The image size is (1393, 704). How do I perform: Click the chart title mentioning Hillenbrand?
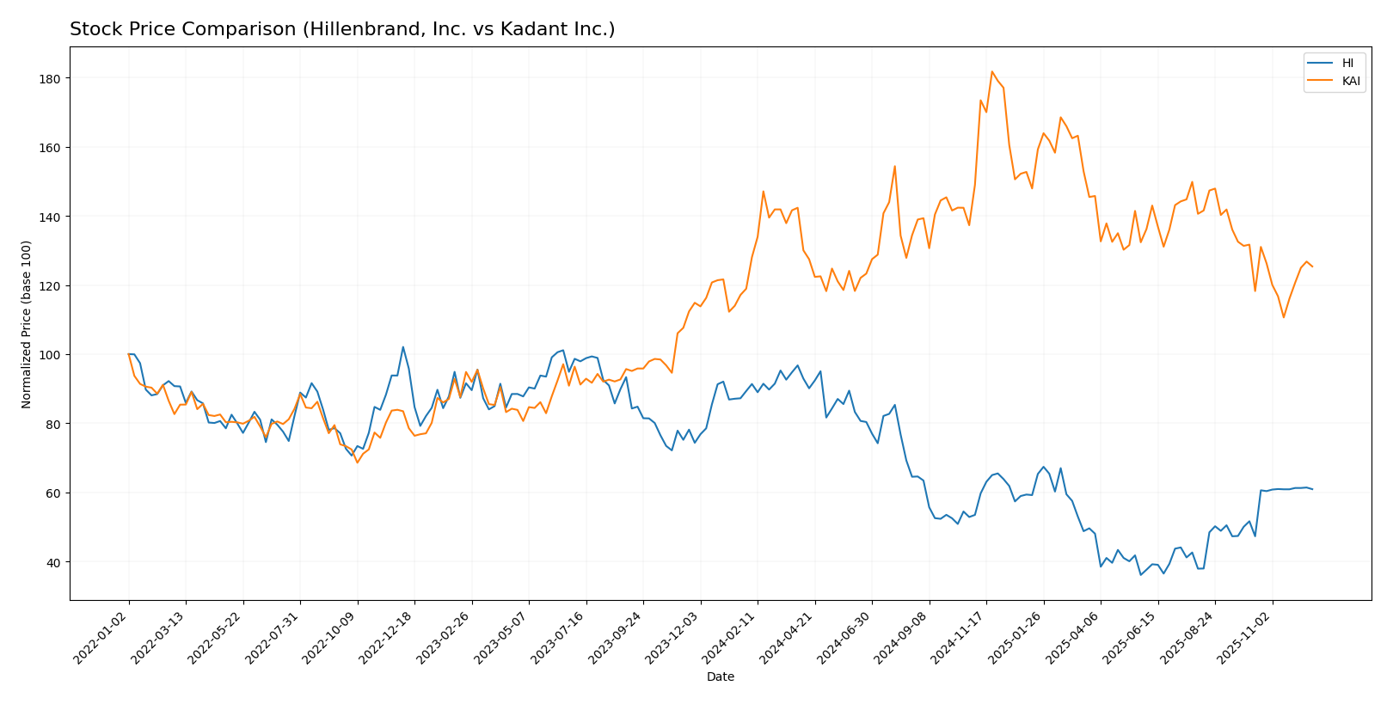pyautogui.click(x=342, y=29)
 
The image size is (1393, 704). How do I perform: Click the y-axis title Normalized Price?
pyautogui.click(x=27, y=324)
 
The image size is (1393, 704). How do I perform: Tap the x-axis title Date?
pyautogui.click(x=720, y=676)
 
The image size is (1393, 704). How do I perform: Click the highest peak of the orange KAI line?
pyautogui.click(x=991, y=71)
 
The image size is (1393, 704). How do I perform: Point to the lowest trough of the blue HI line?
pyautogui.click(x=1141, y=574)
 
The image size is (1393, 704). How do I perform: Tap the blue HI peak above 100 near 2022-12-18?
pyautogui.click(x=402, y=347)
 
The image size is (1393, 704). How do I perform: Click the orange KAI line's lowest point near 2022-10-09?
pyautogui.click(x=358, y=462)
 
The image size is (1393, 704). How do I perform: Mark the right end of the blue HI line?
pyautogui.click(x=1312, y=489)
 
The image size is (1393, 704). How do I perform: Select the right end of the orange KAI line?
pyautogui.click(x=1312, y=266)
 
